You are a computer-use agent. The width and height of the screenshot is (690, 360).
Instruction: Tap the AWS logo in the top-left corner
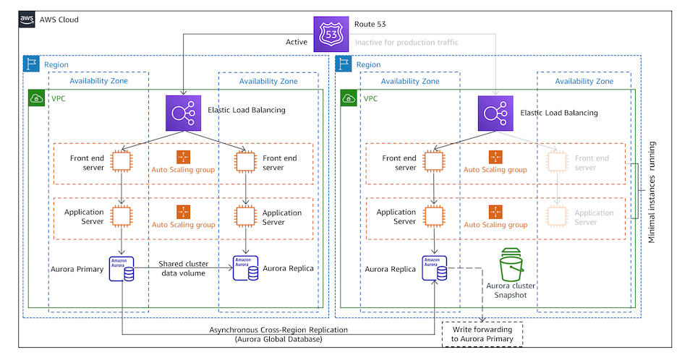click(27, 20)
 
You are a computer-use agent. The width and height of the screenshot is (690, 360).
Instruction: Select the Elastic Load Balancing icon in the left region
click(183, 113)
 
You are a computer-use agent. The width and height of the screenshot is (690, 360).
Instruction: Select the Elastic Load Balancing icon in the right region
click(495, 113)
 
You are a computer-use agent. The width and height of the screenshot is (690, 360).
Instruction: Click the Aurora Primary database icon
click(122, 268)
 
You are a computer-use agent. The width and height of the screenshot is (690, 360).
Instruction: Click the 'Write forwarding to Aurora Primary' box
click(482, 334)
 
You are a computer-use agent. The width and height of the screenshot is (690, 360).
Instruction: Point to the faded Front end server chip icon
click(558, 161)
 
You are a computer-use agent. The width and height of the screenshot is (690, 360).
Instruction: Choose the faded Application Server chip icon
click(558, 215)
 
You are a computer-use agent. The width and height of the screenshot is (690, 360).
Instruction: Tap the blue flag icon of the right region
click(344, 64)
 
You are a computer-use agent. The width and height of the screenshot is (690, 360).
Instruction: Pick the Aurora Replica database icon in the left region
click(244, 268)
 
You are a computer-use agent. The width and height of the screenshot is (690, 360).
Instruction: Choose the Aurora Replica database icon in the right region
click(434, 268)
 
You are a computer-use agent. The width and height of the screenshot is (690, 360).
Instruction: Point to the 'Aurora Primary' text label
click(77, 269)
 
